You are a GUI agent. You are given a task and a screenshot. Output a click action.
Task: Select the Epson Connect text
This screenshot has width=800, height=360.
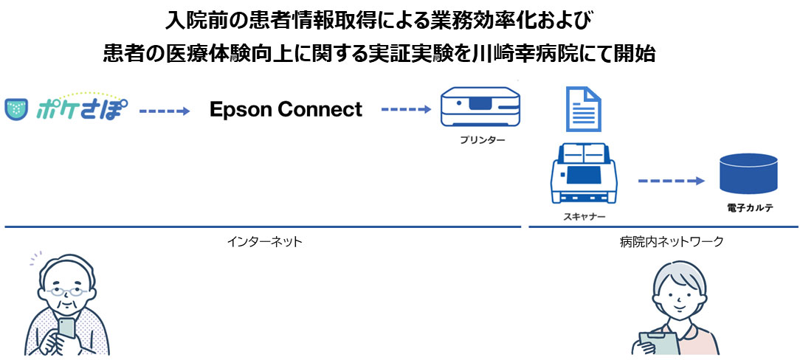pos(286,110)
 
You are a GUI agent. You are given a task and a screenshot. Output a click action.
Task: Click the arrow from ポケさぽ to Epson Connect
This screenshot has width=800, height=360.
pos(165,111)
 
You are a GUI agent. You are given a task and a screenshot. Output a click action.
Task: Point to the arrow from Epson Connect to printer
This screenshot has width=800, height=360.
pos(405,110)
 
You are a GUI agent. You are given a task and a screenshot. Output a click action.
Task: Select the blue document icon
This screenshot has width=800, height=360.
pos(582,108)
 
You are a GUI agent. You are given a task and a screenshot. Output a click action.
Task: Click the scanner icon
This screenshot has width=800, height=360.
pos(582,174)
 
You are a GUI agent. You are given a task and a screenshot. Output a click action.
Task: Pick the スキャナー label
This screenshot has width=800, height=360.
pos(582,217)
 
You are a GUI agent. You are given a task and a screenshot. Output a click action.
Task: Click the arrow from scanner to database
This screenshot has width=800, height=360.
pos(671,180)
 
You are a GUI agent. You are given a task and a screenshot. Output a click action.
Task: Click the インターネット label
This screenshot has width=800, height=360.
pos(265,241)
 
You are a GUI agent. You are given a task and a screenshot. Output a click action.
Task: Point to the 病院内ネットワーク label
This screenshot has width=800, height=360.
pos(672,241)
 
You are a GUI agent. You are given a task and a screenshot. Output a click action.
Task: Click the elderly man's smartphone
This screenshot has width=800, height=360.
pos(66,328)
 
